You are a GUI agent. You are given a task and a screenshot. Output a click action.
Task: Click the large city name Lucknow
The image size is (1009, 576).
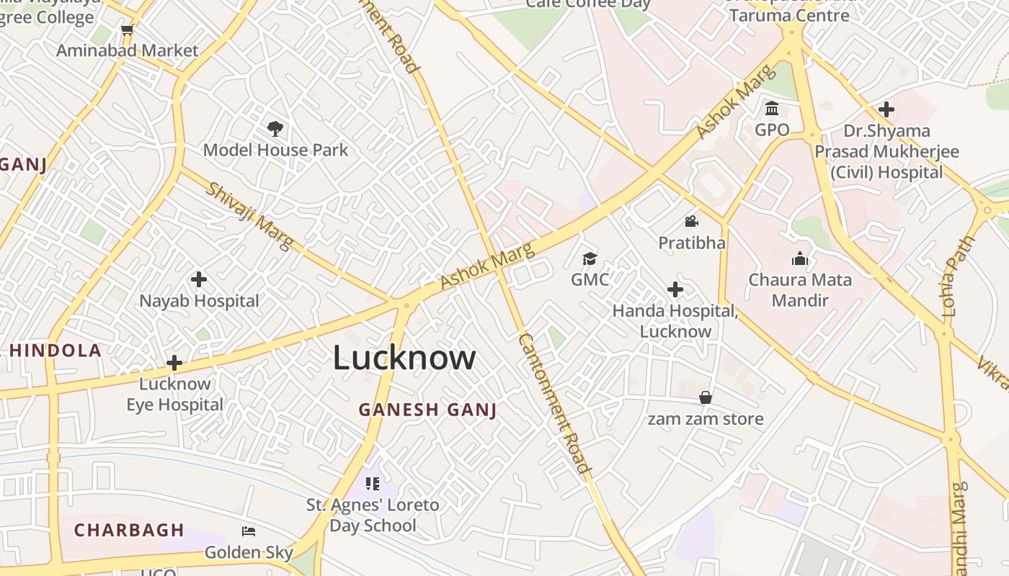404,358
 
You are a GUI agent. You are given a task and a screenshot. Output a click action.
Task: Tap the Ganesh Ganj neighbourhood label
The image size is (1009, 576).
428,410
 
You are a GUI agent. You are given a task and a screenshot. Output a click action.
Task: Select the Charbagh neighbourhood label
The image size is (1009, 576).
129,530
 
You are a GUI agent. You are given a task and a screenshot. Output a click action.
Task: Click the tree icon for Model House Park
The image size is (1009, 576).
275,129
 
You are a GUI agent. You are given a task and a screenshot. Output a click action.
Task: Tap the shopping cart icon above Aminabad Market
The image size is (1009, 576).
128,30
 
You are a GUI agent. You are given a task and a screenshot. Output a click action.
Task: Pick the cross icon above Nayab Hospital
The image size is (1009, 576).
199,279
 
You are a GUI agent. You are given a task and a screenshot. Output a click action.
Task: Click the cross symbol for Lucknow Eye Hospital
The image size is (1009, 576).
174,363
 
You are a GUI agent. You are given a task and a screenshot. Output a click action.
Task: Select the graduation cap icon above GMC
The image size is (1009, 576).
590,258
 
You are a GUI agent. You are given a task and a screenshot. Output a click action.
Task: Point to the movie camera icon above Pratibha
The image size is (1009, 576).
692,221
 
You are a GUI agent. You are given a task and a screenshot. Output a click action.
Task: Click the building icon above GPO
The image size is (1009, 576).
772,109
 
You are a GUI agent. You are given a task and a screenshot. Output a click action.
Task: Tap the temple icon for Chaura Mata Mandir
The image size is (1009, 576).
800,258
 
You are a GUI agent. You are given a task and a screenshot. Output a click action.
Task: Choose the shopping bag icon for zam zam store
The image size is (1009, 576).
706,397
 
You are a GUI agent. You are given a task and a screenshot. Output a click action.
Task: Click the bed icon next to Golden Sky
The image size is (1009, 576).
249,531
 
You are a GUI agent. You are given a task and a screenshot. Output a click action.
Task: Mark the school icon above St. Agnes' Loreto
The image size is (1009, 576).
372,483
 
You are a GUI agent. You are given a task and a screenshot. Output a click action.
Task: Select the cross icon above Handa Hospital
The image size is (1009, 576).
675,289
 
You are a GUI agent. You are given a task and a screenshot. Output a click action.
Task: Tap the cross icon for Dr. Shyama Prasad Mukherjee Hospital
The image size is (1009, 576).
886,109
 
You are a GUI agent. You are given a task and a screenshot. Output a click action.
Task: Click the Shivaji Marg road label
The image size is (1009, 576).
249,216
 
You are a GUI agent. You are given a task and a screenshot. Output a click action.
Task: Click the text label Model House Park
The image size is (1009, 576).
275,150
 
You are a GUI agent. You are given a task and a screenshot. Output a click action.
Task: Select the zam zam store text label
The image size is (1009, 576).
706,418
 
